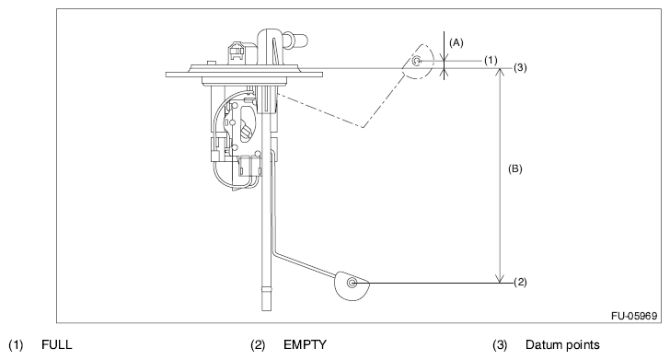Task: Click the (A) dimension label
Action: click(x=456, y=42)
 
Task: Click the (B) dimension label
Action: click(x=514, y=168)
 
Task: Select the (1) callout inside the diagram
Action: click(x=491, y=60)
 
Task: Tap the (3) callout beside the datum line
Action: click(x=520, y=67)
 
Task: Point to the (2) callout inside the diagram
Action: click(x=520, y=282)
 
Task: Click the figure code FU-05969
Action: click(x=634, y=316)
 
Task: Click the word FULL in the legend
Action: click(x=57, y=344)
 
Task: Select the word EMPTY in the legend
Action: click(x=305, y=344)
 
